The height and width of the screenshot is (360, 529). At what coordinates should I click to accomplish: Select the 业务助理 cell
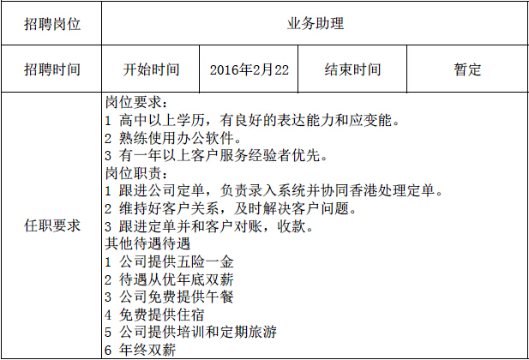(x=315, y=24)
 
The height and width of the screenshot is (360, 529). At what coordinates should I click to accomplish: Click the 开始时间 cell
(x=152, y=70)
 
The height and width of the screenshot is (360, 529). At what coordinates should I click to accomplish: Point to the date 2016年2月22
(x=249, y=70)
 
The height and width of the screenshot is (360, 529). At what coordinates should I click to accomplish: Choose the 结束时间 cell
(x=352, y=70)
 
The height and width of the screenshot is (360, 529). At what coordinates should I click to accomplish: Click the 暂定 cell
(x=467, y=70)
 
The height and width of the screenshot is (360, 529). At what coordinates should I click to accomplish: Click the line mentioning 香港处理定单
(x=273, y=190)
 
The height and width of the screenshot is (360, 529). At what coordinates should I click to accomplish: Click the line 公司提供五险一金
(x=168, y=261)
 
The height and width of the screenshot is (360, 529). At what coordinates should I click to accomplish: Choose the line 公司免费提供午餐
(x=168, y=297)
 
